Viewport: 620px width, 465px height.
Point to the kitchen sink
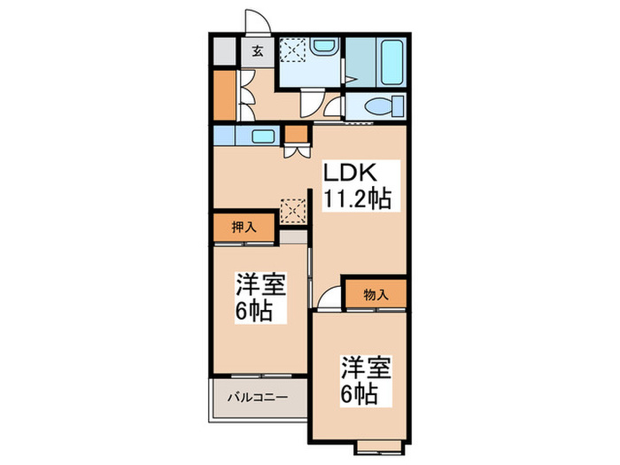(x=262, y=136)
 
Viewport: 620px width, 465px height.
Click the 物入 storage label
(x=376, y=293)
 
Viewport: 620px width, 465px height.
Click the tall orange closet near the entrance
(x=224, y=95)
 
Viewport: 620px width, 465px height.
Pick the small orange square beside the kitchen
(x=294, y=136)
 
